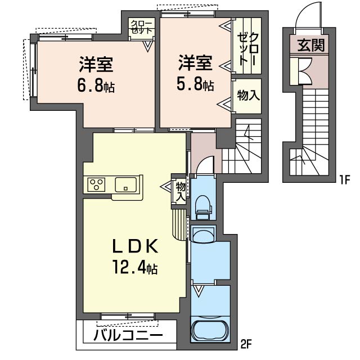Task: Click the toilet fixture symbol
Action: [x=202, y=206]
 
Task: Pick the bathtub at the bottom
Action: [x=210, y=328]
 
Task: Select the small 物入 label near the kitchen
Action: [x=180, y=191]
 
